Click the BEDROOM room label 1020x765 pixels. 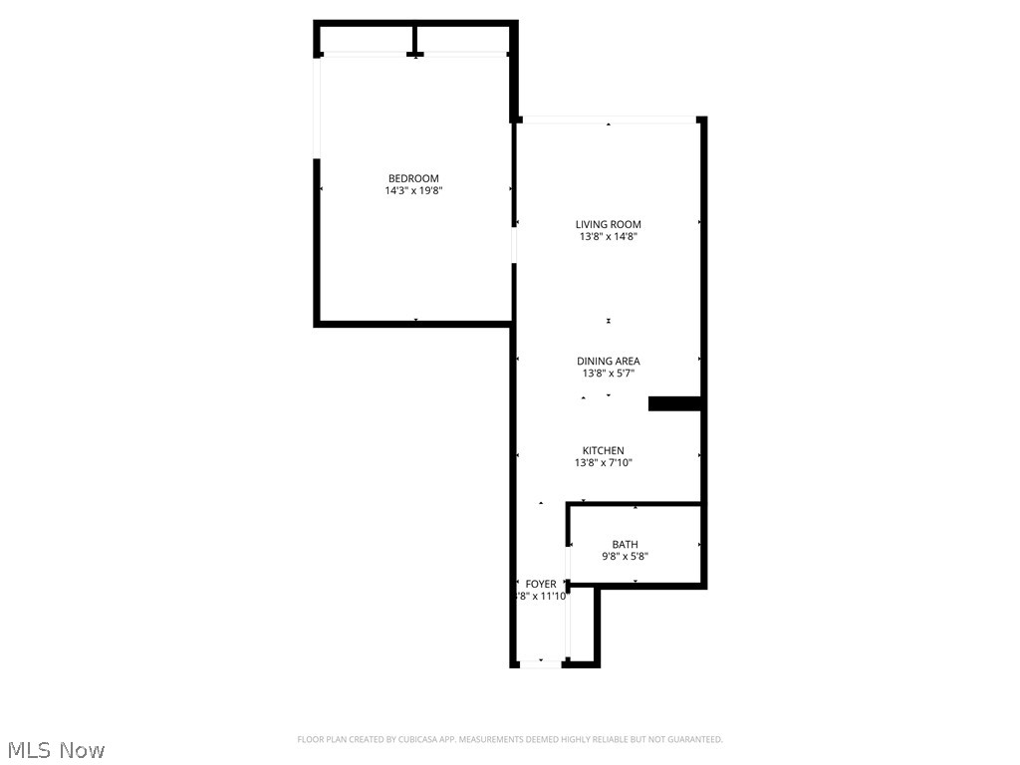[x=413, y=178]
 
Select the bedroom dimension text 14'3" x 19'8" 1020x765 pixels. [x=413, y=190]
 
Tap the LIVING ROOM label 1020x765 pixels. [x=608, y=224]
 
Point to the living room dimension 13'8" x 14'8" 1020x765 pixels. [x=608, y=237]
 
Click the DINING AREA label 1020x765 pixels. [x=608, y=361]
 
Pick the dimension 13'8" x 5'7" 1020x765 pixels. [x=608, y=374]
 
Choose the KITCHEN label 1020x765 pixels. [x=604, y=450]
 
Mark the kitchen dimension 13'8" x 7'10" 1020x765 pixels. [x=604, y=463]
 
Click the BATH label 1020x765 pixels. [x=625, y=544]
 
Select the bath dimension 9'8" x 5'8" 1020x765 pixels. [x=625, y=557]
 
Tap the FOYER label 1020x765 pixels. [x=541, y=584]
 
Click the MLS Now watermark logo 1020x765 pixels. [x=55, y=749]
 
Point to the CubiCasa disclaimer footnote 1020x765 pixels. [x=509, y=739]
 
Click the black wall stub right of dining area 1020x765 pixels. [x=675, y=403]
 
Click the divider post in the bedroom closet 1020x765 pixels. [x=415, y=39]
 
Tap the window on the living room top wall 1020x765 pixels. [x=609, y=121]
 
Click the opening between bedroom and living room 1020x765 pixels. [x=514, y=244]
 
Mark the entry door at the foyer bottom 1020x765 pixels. [x=541, y=663]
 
